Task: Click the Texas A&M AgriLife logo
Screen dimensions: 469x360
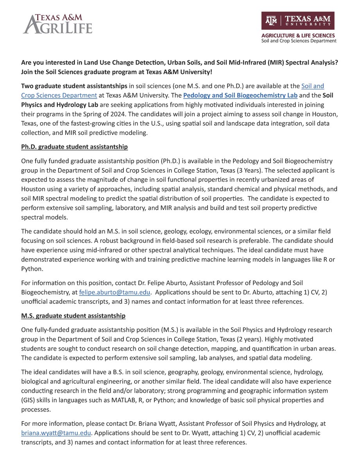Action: click(x=58, y=23)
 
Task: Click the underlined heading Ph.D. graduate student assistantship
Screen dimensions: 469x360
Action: click(x=74, y=147)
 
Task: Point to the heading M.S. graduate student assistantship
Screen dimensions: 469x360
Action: click(x=73, y=316)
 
